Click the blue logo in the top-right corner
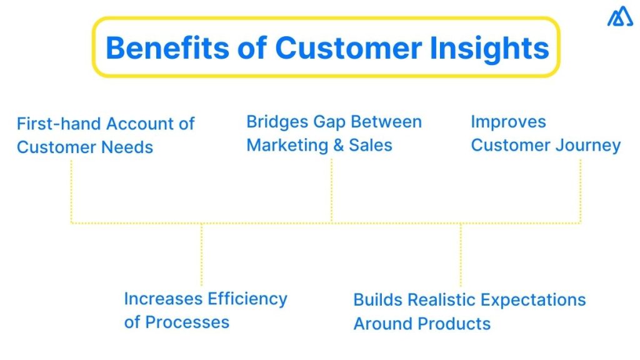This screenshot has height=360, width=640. point(619,17)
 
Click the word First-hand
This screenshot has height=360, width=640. point(60,124)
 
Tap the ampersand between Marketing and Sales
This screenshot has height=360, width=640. point(338,146)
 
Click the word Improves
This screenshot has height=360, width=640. point(508,122)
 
